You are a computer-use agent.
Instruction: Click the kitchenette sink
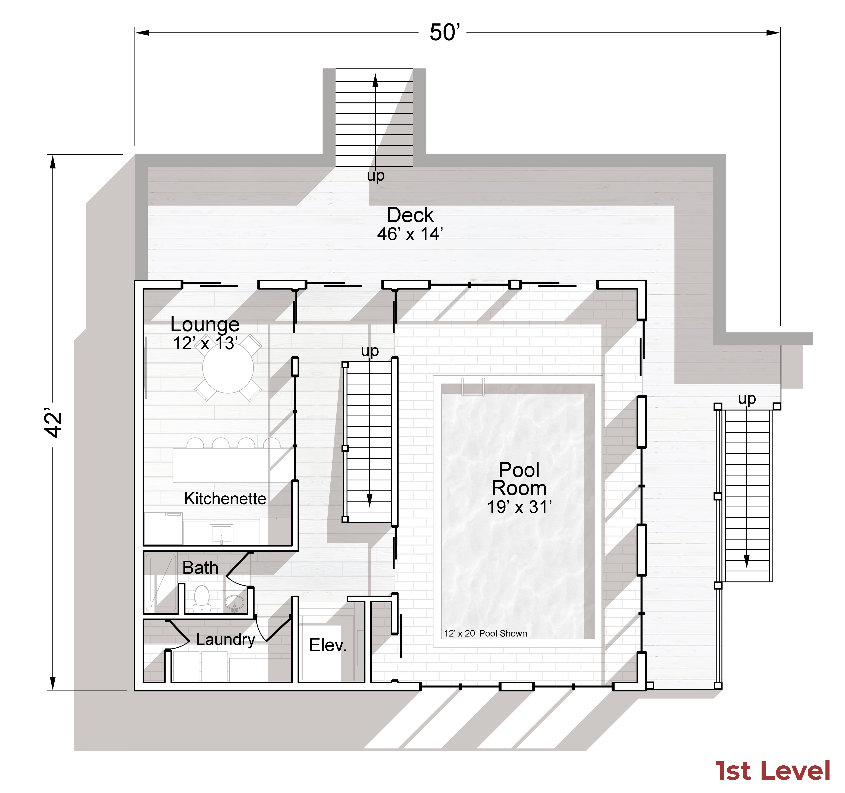[221, 533]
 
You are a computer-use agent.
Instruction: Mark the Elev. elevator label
[328, 645]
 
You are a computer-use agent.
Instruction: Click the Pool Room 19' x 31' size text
[519, 507]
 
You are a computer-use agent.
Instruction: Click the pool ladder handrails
[473, 387]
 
